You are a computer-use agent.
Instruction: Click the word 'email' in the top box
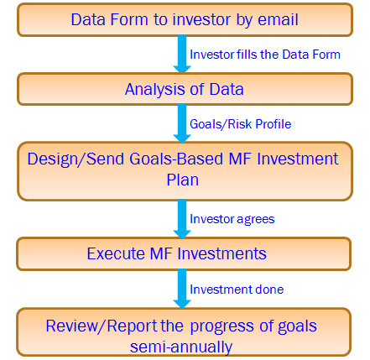(x=278, y=19)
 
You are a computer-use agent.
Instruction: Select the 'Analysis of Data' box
(x=185, y=89)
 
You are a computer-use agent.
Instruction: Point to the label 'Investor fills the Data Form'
(x=265, y=55)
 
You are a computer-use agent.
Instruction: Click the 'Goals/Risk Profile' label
(x=240, y=124)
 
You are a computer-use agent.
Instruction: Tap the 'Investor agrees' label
(x=232, y=219)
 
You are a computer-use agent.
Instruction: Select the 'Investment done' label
(x=237, y=290)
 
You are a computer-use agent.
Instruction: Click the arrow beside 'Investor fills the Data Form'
(x=182, y=54)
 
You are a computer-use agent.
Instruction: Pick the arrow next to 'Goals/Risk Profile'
(x=182, y=123)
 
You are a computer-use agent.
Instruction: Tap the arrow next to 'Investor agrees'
(x=182, y=219)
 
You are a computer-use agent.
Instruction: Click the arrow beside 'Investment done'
(x=182, y=289)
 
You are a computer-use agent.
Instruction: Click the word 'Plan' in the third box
(x=183, y=180)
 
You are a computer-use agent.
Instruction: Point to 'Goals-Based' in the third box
(x=176, y=159)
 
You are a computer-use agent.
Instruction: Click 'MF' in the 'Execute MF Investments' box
(x=161, y=253)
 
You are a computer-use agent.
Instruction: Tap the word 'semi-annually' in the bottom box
(x=181, y=347)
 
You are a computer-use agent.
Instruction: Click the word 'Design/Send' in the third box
(x=76, y=159)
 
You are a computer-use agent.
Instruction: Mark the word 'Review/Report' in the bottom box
(x=102, y=326)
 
